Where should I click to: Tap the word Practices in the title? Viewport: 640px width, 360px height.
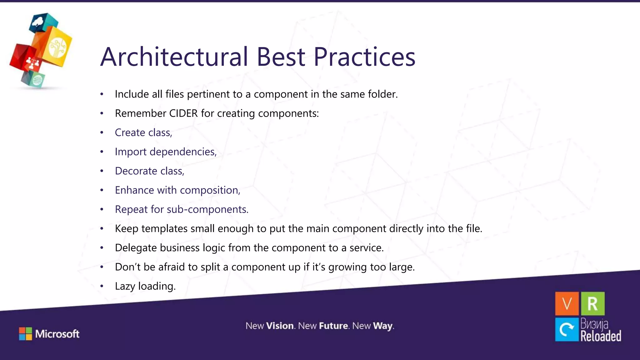tap(364, 57)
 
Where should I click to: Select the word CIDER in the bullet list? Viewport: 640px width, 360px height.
tap(183, 113)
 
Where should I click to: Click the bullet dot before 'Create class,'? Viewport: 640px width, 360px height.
tap(102, 133)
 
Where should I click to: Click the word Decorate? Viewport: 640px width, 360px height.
tap(136, 171)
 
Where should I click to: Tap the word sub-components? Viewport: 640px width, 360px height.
tap(207, 209)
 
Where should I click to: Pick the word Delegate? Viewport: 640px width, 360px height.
tap(136, 248)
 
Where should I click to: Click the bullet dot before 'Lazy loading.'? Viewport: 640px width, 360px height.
tap(102, 286)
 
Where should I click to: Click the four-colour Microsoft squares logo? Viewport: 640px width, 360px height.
tap(25, 334)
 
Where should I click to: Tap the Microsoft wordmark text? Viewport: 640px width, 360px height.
tap(57, 334)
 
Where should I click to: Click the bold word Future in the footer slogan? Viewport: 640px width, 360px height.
tap(333, 326)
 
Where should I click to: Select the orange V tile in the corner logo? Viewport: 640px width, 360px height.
tap(567, 303)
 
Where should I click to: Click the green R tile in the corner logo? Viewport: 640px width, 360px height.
tap(592, 303)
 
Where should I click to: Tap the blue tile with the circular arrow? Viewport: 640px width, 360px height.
tap(567, 329)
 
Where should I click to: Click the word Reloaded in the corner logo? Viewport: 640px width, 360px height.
tap(601, 336)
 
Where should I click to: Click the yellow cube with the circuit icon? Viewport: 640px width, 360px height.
tap(58, 47)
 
